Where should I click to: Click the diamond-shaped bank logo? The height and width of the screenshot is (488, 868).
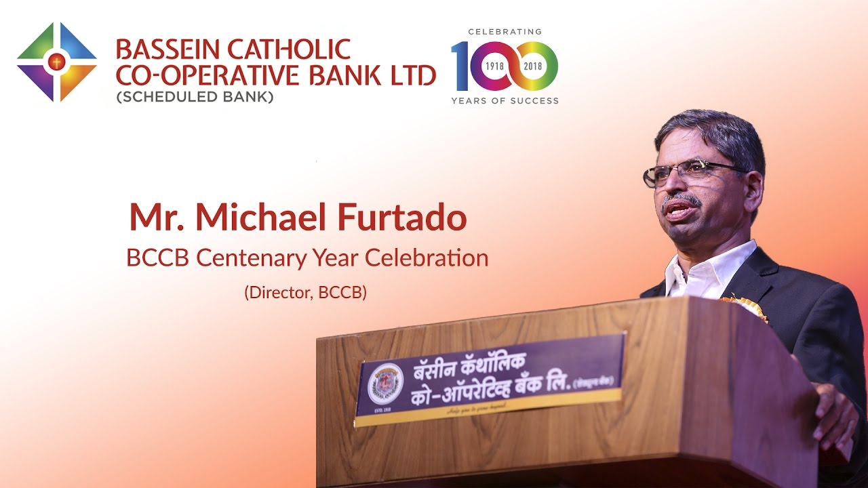(57, 62)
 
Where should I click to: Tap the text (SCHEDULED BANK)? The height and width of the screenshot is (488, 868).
(195, 97)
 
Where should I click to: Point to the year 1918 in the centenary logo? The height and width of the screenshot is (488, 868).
(493, 66)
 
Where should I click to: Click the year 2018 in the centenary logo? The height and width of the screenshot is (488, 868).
(534, 66)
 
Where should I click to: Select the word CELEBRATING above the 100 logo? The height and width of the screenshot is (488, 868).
(505, 32)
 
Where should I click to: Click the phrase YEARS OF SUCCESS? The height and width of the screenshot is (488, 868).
(505, 101)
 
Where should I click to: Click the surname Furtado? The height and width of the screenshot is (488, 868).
(410, 218)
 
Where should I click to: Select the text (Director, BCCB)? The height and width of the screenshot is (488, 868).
(305, 293)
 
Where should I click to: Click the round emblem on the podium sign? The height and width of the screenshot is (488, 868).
(385, 384)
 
